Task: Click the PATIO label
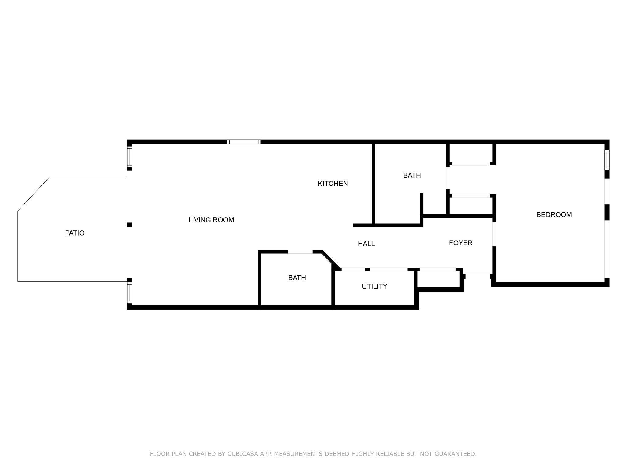[x=75, y=233]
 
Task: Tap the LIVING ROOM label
[x=211, y=220]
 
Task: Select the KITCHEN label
[x=333, y=184]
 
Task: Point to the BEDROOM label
[x=554, y=215]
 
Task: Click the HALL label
[x=366, y=244]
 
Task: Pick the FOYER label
[x=461, y=243]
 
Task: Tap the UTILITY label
[x=374, y=286]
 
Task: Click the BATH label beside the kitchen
[x=412, y=175]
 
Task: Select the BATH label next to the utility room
[x=297, y=278]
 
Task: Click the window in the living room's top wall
[x=244, y=142]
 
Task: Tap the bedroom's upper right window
[x=607, y=159]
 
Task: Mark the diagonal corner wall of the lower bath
[x=331, y=261]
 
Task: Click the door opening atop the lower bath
[x=300, y=252]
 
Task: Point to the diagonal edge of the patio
[x=34, y=194]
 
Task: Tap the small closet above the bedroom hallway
[x=471, y=153]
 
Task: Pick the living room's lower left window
[x=130, y=293]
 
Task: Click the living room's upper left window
[x=130, y=157]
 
